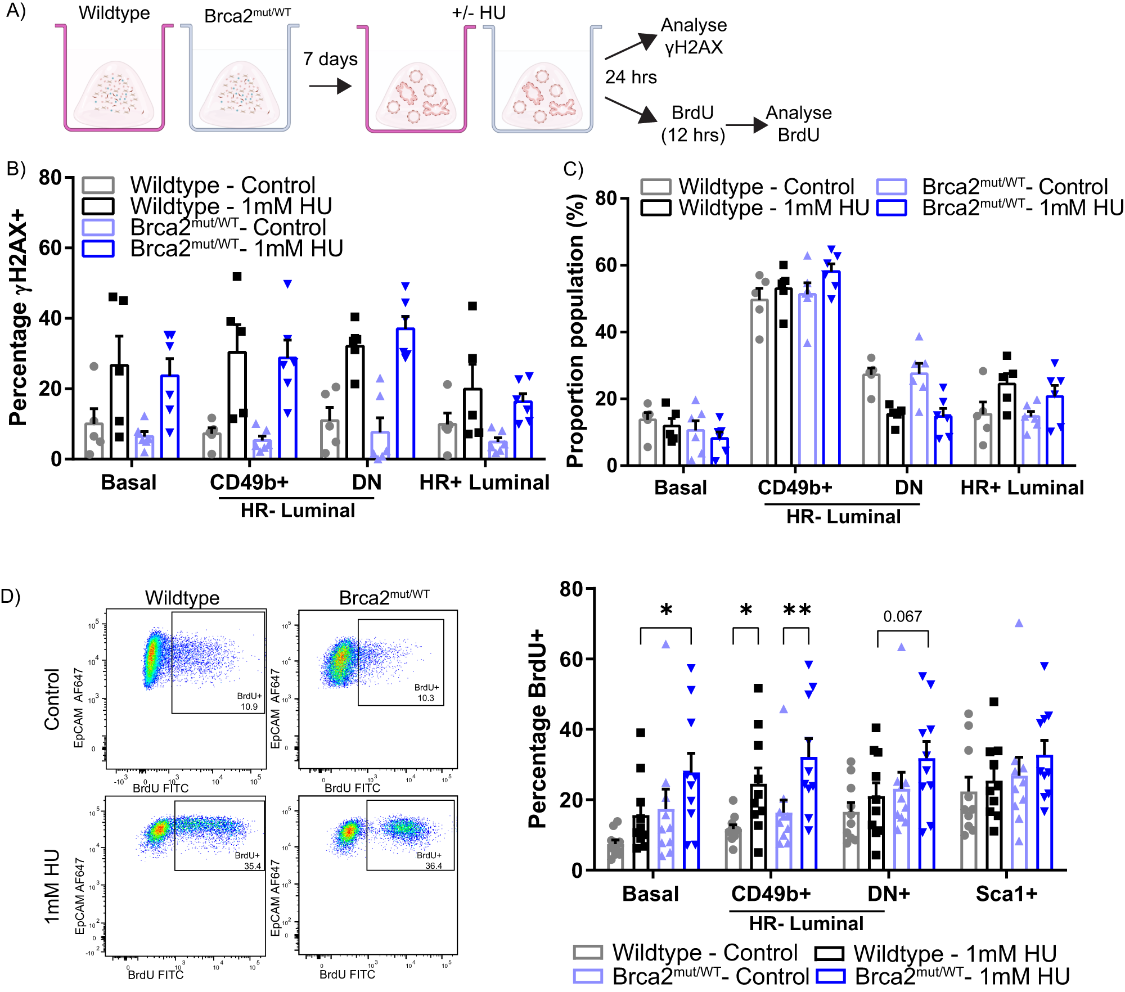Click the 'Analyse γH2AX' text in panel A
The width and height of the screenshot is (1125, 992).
[x=694, y=36]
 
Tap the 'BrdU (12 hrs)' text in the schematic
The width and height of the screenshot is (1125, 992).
[x=692, y=124]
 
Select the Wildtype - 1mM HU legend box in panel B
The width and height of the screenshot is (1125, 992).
[x=98, y=206]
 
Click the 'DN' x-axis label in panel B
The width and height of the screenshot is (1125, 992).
[x=366, y=483]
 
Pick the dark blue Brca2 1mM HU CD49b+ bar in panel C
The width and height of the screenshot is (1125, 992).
[x=831, y=368]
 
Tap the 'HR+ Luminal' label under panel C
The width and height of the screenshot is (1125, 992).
[x=1021, y=488]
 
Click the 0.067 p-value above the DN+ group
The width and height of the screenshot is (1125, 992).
[x=902, y=616]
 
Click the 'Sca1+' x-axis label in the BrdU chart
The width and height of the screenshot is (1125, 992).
[x=1006, y=894]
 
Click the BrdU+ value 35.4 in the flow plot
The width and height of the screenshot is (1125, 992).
[x=252, y=866]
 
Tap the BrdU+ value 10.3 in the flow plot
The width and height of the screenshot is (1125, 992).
[x=426, y=698]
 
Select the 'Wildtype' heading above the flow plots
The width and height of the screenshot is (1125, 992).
[x=182, y=597]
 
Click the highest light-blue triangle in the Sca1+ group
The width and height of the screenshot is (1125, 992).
[x=1019, y=623]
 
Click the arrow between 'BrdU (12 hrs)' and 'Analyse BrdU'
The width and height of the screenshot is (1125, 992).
[x=746, y=125]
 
